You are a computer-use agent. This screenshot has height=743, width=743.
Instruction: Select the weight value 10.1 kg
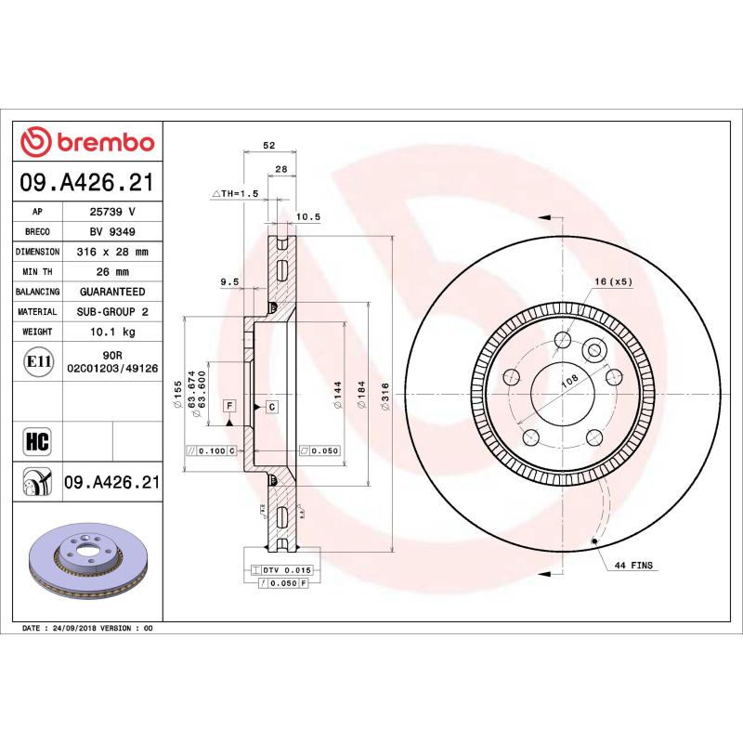point(111,332)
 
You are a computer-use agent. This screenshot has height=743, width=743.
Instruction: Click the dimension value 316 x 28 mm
point(111,252)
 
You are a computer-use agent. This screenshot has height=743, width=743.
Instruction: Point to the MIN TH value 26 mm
point(111,272)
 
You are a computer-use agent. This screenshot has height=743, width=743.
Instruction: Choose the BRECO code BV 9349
point(111,232)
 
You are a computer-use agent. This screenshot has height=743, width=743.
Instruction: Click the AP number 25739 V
point(111,212)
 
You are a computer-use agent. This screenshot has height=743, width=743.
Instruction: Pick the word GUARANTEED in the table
point(111,292)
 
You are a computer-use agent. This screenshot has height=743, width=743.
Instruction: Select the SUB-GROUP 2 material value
point(111,312)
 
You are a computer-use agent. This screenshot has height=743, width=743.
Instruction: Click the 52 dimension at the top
point(269,145)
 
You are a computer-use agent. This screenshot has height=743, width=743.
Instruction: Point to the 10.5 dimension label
point(307,217)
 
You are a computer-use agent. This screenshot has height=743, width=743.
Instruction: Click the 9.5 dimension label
point(229,281)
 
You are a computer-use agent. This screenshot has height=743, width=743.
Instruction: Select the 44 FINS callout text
point(633,565)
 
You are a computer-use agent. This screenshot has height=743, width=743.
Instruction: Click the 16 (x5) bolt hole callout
point(613,281)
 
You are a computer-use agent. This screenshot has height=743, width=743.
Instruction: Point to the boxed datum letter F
point(228,406)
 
